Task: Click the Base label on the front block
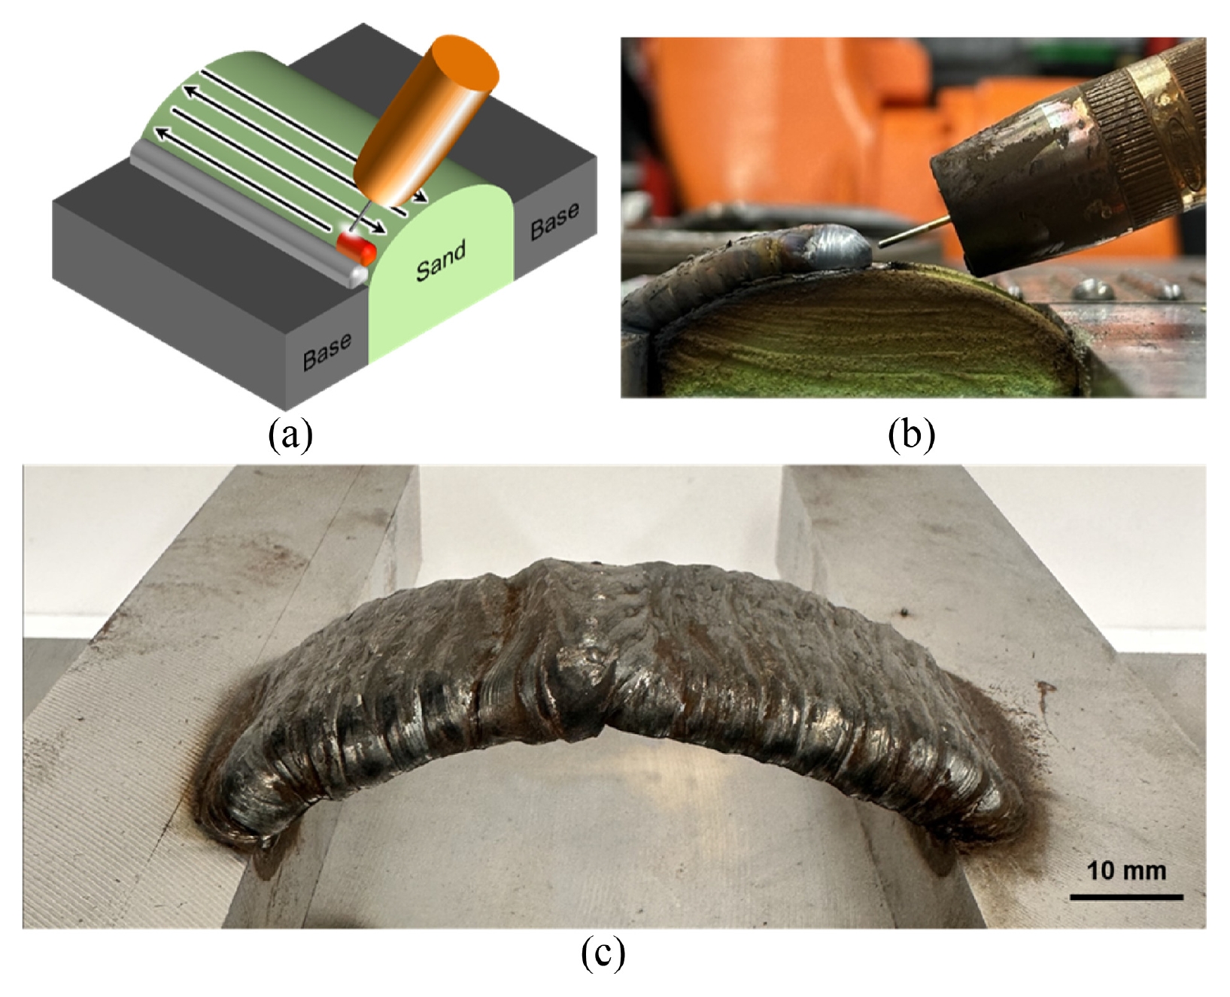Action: [326, 351]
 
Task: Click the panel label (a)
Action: [290, 435]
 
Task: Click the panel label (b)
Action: [911, 435]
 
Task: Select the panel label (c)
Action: [603, 953]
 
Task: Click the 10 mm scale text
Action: [1126, 871]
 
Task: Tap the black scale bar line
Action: [1126, 896]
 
